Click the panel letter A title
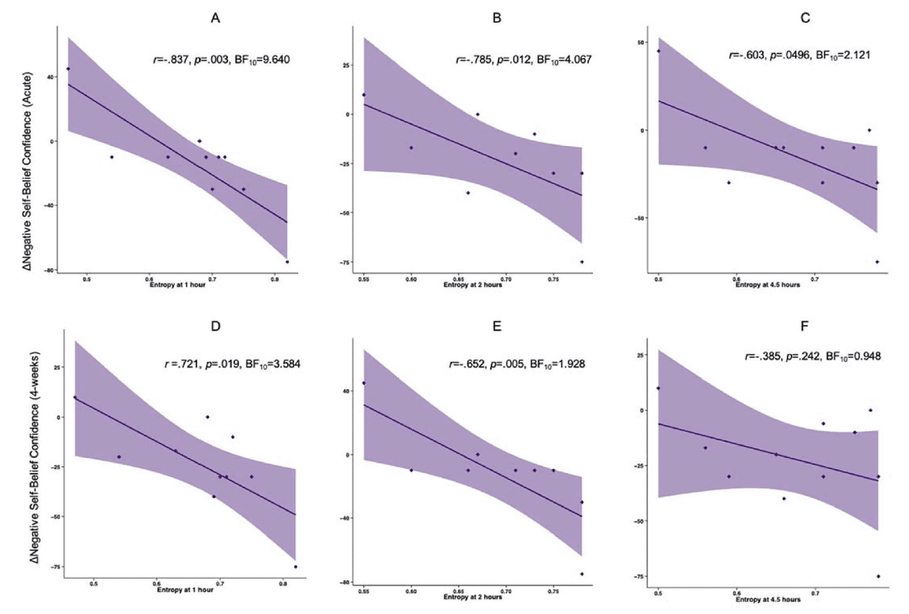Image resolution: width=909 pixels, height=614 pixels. pos(215,19)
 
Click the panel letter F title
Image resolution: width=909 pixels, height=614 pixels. pos(804,326)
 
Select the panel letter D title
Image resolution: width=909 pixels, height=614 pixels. pos(215,326)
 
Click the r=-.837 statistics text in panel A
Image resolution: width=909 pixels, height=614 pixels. pos(221,60)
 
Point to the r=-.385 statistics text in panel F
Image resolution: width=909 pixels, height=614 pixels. pos(812,357)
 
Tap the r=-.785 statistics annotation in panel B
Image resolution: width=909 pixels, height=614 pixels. pos(523,60)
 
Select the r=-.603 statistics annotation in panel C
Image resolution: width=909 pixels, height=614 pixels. pos(799,55)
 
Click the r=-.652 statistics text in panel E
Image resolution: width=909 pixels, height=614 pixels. pos(517,364)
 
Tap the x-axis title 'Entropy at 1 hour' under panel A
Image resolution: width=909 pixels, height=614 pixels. pos(178,285)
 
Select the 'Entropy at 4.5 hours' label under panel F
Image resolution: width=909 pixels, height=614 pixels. pos(768,599)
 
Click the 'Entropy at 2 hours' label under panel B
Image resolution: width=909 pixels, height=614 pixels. pos(473,285)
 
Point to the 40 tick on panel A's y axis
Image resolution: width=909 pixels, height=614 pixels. pos(51,77)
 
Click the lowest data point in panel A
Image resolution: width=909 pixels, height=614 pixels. pos(287,262)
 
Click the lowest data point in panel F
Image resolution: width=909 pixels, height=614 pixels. pos(878,576)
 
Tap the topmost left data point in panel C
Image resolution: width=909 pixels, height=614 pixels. pos(658,51)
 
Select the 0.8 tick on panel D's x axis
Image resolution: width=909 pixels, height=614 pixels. pos(282,584)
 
